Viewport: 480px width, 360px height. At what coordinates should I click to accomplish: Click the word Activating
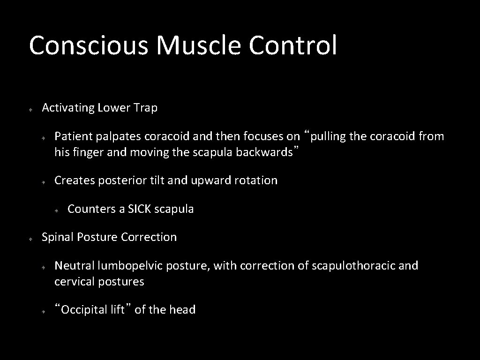[68, 108]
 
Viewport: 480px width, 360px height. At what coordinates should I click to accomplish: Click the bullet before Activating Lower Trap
[29, 109]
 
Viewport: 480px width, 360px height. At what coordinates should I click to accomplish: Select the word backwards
[266, 152]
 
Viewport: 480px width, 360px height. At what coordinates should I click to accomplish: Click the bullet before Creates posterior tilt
[42, 181]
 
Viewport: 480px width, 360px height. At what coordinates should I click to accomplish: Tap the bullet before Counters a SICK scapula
[55, 210]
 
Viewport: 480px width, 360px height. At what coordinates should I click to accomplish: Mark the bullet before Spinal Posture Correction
[29, 239]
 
